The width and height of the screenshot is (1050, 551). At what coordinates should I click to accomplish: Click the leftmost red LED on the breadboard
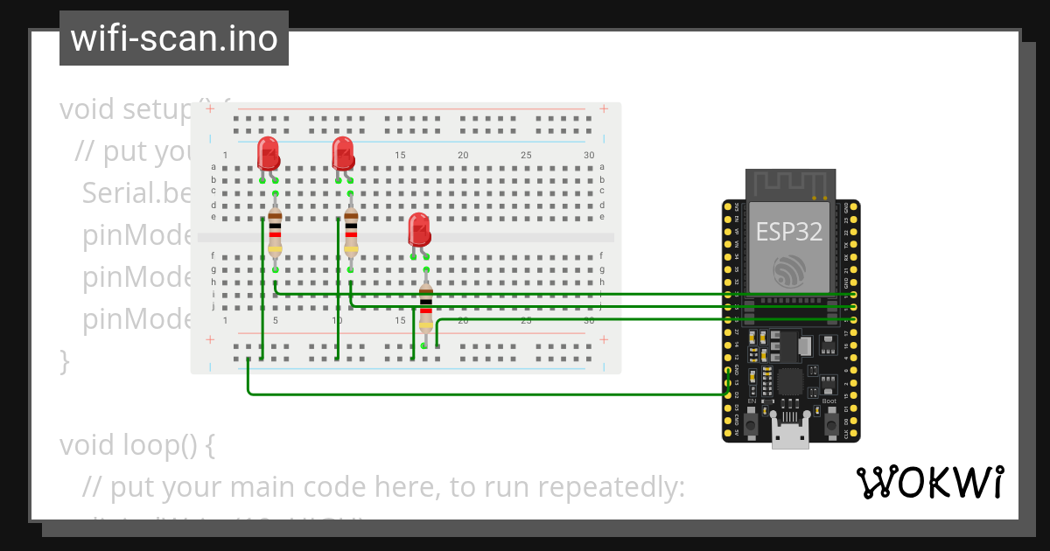[268, 154]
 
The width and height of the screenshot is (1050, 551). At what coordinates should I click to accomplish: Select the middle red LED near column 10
[343, 154]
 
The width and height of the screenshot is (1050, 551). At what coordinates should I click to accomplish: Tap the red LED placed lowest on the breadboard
[419, 230]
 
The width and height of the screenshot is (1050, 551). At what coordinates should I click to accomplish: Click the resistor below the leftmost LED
[275, 232]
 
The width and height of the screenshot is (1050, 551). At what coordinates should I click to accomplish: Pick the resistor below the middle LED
[351, 232]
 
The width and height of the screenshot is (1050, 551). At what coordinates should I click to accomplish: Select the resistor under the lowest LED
[426, 308]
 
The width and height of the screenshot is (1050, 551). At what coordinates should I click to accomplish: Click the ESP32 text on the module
[790, 232]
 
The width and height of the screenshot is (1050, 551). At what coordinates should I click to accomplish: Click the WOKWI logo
[929, 482]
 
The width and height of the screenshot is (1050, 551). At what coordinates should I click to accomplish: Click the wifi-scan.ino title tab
[173, 38]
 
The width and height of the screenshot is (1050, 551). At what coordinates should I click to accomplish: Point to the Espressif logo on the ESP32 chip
[791, 271]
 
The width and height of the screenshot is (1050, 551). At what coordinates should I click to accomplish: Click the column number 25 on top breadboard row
[526, 156]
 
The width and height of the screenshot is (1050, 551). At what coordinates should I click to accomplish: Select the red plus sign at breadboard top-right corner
[603, 109]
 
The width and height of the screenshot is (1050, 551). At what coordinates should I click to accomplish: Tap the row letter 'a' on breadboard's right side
[602, 166]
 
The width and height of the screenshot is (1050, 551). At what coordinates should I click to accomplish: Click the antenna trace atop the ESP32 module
[790, 185]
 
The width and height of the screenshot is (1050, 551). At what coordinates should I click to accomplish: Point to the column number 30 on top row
[589, 156]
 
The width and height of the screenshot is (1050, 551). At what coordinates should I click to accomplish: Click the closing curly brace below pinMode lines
[64, 359]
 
